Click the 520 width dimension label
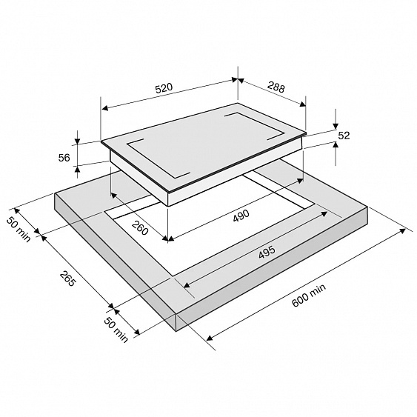click(164, 88)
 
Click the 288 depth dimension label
click(276, 87)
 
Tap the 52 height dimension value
click(344, 136)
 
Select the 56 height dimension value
click(64, 158)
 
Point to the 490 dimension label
click(241, 216)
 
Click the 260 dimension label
click(140, 228)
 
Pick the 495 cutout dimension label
click(267, 253)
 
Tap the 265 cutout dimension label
click(67, 278)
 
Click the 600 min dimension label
click(309, 296)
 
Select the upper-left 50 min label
click(19, 230)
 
